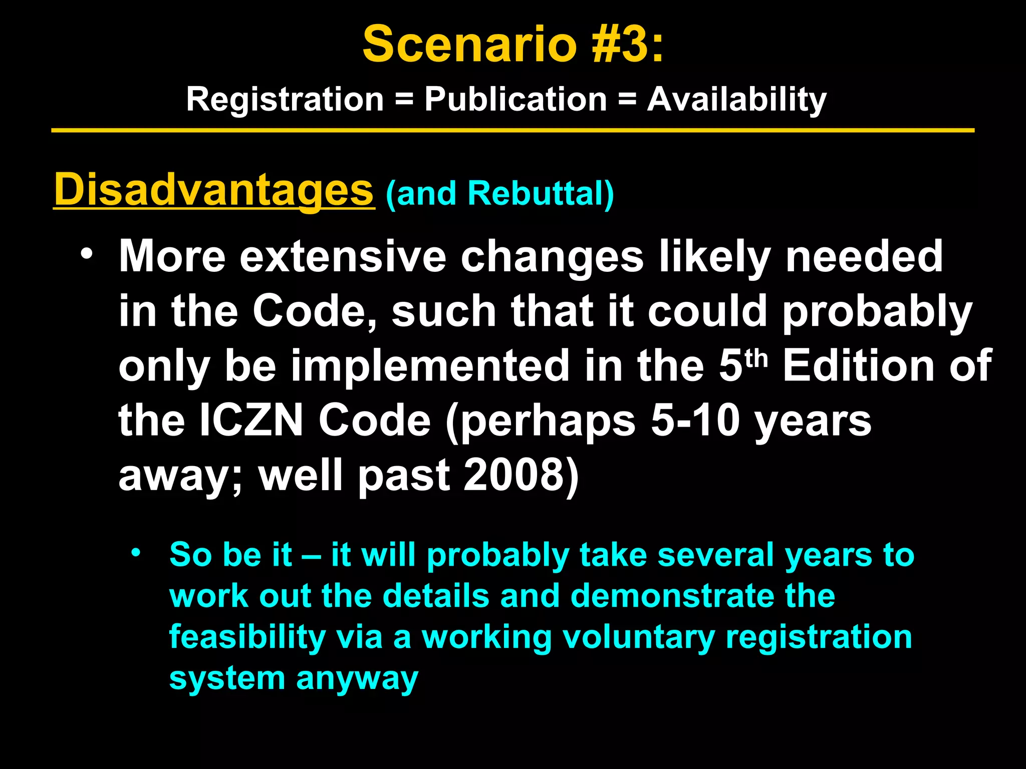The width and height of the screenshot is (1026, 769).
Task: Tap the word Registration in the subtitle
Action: coord(285,99)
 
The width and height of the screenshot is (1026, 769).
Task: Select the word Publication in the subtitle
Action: coord(516,99)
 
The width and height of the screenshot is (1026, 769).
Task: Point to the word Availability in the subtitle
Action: coord(736,99)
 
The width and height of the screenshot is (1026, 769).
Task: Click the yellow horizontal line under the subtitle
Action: coord(512,131)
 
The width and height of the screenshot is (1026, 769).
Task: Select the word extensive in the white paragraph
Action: coord(343,256)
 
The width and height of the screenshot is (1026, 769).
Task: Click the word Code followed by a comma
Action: coord(314,311)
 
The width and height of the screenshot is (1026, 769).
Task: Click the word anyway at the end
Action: coord(357,679)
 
